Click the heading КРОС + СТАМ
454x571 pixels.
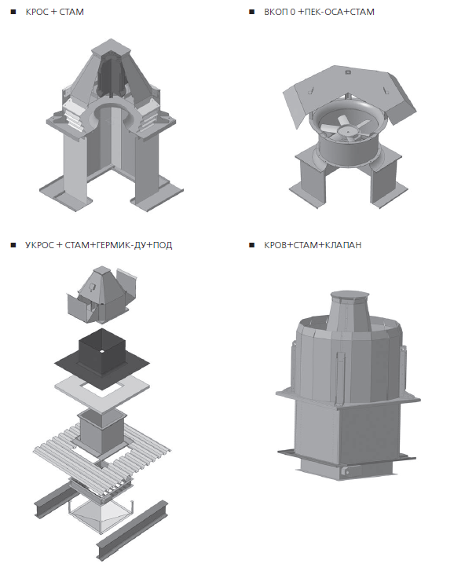(x=55, y=12)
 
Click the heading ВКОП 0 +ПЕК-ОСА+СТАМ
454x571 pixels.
(x=319, y=12)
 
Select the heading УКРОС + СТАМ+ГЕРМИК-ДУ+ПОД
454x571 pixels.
(x=99, y=245)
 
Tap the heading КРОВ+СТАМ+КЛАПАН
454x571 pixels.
(x=313, y=245)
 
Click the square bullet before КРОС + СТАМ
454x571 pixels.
(x=13, y=12)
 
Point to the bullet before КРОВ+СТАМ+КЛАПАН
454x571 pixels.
(x=251, y=245)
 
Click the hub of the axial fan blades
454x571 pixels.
(x=346, y=130)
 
